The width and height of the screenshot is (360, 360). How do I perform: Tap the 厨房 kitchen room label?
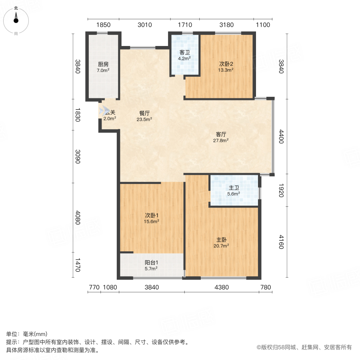(x=103, y=64)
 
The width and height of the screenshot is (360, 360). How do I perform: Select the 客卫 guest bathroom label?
(x=184, y=52)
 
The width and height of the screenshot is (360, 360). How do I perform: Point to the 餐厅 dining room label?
(x=144, y=113)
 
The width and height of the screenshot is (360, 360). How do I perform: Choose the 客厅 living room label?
(x=221, y=134)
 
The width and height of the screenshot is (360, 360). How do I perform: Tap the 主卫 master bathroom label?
(x=234, y=188)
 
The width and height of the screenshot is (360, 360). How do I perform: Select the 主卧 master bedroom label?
(x=222, y=240)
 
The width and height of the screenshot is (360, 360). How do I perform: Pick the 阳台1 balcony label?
(x=151, y=263)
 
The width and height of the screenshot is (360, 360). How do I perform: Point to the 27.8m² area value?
(x=221, y=140)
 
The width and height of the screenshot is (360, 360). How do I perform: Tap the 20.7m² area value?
(x=222, y=246)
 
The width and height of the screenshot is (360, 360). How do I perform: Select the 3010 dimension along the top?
(x=144, y=25)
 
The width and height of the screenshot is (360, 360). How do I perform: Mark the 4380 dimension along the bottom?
(x=221, y=287)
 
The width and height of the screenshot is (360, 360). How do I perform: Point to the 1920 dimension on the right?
(x=281, y=190)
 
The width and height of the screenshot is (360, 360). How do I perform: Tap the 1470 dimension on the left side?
(x=78, y=264)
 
